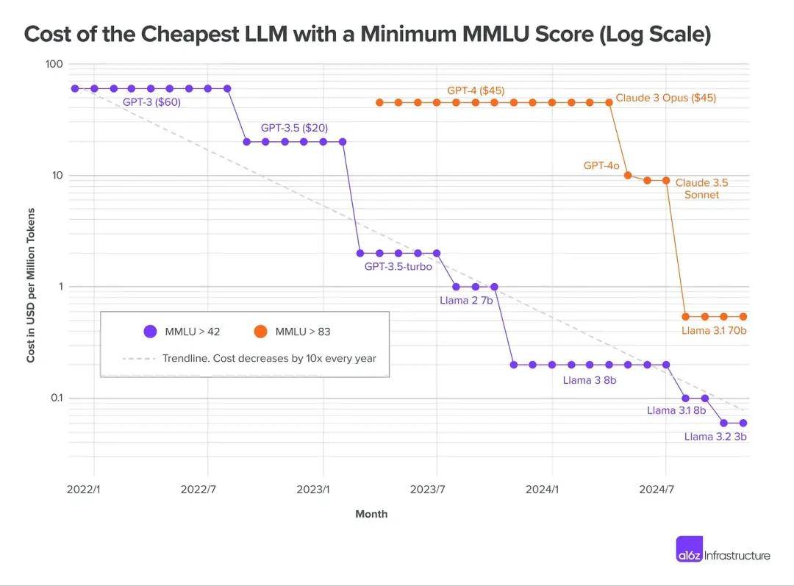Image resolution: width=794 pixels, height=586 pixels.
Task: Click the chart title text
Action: coord(368,35)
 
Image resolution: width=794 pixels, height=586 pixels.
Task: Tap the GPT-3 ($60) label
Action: coord(151,102)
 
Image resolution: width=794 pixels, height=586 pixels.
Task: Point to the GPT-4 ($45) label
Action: coord(476,90)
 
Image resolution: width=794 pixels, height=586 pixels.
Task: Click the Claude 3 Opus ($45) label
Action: coord(666,98)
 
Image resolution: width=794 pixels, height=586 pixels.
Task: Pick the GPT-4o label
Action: coord(602,165)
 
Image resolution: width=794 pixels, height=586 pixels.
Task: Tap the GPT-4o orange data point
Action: coord(628,175)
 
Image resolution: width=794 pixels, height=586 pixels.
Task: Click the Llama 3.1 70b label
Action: coord(714,331)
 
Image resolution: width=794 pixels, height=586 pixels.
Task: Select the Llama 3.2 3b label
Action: coord(715,437)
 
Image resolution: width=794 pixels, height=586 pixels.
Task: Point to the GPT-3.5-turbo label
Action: coord(398,266)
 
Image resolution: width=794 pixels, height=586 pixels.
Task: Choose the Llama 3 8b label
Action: coord(590,380)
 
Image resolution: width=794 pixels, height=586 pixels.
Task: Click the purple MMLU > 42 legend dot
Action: coord(150,332)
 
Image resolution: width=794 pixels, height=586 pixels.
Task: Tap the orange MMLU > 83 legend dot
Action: coord(260,332)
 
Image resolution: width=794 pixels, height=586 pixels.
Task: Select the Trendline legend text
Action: coord(269,359)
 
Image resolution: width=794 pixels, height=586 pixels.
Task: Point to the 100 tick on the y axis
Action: coord(54,64)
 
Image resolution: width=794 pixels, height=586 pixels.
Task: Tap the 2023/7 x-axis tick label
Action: coord(428,489)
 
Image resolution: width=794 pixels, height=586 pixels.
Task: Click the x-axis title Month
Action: coord(371,514)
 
